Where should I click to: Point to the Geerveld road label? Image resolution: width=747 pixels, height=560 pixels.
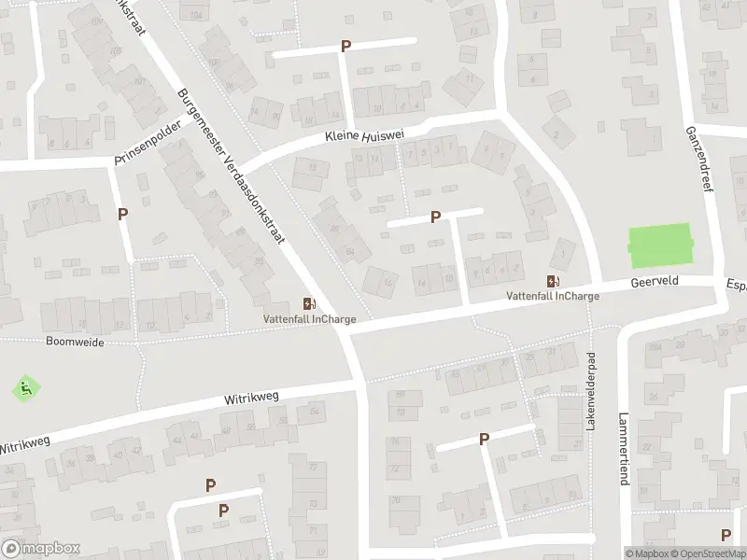click(x=655, y=280)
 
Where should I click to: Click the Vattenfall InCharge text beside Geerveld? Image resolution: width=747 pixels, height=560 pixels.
click(x=553, y=297)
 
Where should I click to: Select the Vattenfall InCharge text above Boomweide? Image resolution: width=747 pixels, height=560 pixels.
click(x=308, y=319)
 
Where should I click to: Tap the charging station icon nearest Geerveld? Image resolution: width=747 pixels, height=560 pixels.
click(x=554, y=281)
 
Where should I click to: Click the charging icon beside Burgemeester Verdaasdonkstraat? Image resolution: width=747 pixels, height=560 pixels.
click(x=308, y=303)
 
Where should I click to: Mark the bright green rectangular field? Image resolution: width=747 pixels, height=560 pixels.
click(x=661, y=245)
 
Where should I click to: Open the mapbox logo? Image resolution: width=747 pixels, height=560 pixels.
click(x=41, y=549)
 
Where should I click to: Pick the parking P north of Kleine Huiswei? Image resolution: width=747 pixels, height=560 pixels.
click(x=346, y=46)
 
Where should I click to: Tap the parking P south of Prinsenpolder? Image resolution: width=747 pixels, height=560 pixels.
click(x=123, y=214)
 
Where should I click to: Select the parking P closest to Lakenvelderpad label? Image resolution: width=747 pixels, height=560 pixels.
click(x=484, y=439)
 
